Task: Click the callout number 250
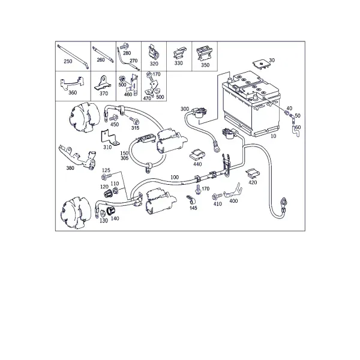click(68, 61)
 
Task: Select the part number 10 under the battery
click(273, 136)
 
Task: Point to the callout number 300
click(185, 109)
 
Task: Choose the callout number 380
click(70, 168)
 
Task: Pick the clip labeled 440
click(197, 154)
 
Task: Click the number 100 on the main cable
click(175, 177)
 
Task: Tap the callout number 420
click(253, 182)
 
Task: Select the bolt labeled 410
click(217, 196)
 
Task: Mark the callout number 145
click(193, 208)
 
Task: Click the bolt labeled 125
click(106, 177)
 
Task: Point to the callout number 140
click(115, 218)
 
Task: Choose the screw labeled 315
click(134, 121)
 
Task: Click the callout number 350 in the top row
click(205, 65)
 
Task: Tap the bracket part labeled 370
click(103, 83)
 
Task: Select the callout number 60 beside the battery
click(298, 127)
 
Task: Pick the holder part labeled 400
click(233, 191)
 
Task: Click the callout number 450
click(115, 124)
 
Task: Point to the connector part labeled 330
click(180, 53)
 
